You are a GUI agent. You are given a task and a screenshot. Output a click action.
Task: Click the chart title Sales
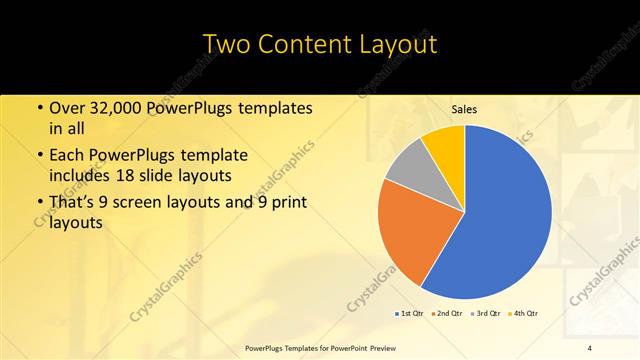464,109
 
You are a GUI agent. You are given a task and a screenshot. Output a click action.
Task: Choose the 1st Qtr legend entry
410,314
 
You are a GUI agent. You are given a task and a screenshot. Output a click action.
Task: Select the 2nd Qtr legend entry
446,314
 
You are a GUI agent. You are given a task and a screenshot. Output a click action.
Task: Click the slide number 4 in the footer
590,347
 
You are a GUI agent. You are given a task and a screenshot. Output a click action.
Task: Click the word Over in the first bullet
67,108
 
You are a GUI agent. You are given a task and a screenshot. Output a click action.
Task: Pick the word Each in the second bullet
66,156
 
